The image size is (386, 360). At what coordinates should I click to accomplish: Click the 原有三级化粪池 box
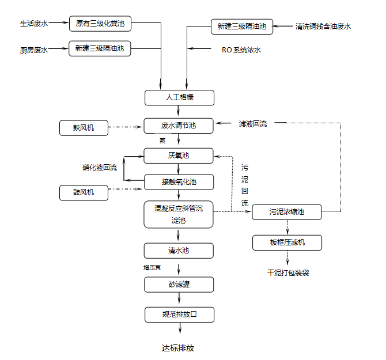tap(100, 24)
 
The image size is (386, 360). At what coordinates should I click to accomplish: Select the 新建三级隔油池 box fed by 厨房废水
tap(100, 50)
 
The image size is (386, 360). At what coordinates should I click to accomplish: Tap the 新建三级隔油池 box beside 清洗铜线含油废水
tap(241, 26)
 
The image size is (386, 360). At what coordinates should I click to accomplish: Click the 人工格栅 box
tap(179, 97)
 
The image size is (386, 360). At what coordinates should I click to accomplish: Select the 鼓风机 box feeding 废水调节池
tap(84, 128)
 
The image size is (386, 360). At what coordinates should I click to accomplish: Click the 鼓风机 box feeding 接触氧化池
tap(84, 192)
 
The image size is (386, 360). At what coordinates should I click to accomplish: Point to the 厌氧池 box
tap(179, 156)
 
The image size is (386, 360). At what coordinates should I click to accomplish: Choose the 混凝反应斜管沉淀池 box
tap(179, 214)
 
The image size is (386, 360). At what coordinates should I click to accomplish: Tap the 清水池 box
tap(179, 251)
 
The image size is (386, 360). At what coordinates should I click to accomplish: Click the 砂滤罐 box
tap(179, 285)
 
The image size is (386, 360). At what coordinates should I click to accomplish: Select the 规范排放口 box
tap(180, 314)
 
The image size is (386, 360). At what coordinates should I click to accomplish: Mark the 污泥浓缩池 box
tap(287, 212)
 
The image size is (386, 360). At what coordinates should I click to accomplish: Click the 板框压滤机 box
tap(287, 242)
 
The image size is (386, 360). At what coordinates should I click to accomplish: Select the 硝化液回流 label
tap(100, 168)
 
